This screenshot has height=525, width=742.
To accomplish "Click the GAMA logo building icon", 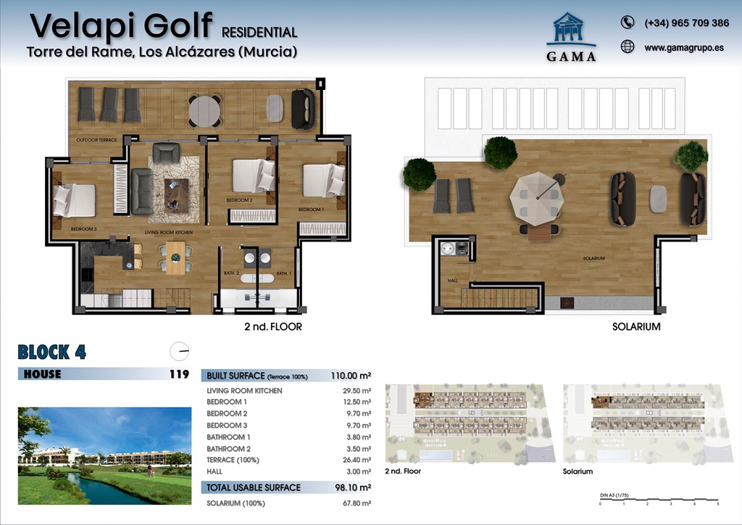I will (x=575, y=30).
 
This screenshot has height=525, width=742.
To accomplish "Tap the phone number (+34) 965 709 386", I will (x=686, y=23).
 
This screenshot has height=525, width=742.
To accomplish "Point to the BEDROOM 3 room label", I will (x=83, y=229).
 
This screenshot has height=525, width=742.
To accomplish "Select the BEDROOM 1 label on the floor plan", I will (x=312, y=210).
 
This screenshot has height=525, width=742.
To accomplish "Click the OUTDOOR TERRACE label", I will (x=96, y=139).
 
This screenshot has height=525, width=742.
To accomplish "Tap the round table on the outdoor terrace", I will (x=205, y=111).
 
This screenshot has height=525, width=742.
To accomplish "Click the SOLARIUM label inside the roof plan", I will (x=594, y=259).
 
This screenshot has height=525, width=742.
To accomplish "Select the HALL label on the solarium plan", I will (x=453, y=280).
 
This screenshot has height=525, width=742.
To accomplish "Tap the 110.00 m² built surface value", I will (x=351, y=376).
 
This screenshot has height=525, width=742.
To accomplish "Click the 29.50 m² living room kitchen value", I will (x=356, y=391).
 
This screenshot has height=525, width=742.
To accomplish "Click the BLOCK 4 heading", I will (x=51, y=353).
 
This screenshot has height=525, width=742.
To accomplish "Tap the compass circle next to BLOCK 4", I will (x=179, y=352).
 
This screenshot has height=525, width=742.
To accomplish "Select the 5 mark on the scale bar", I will (x=717, y=503).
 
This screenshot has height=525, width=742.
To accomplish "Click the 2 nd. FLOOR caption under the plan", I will (x=272, y=327).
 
